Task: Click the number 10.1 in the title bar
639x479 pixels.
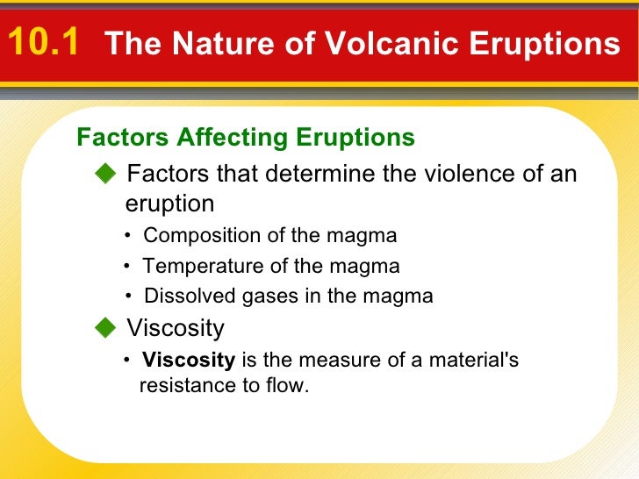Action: point(44,41)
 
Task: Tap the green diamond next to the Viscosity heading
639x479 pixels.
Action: point(105,329)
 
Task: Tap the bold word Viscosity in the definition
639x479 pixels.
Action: point(189,361)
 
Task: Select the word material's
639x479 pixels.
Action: point(474,361)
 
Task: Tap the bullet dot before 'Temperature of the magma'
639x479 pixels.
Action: point(128,266)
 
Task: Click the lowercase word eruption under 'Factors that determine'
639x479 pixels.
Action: point(170,204)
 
